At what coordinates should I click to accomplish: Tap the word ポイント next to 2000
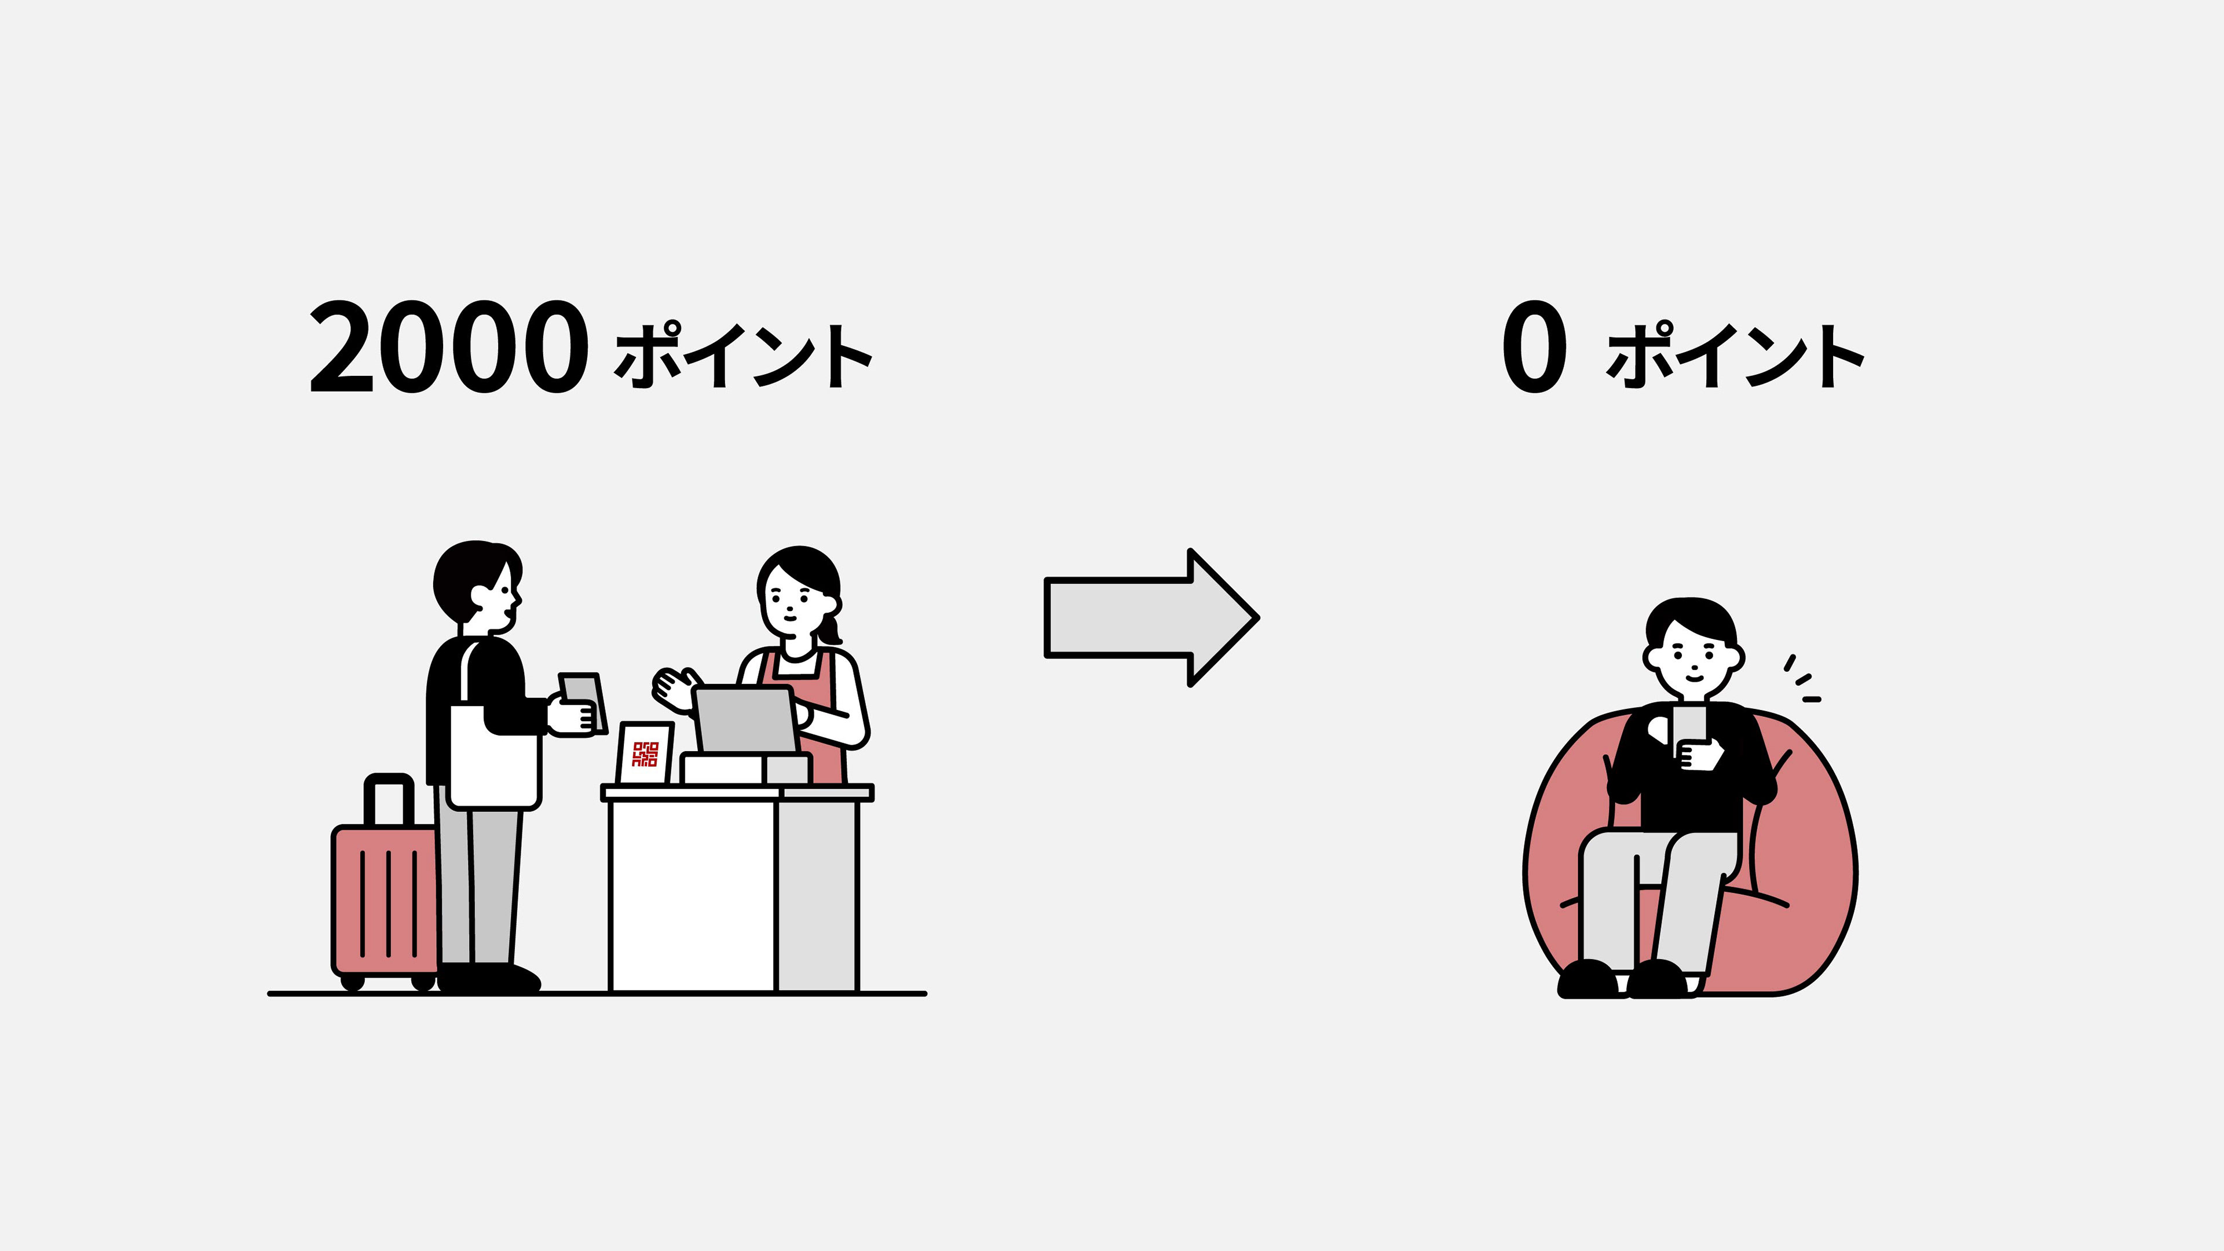(742, 356)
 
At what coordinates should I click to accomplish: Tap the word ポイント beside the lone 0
(1735, 356)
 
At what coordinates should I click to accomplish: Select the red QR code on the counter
(645, 753)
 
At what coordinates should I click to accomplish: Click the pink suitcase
(384, 902)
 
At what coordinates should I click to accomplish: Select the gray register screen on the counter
(745, 719)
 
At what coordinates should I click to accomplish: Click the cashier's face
(792, 600)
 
